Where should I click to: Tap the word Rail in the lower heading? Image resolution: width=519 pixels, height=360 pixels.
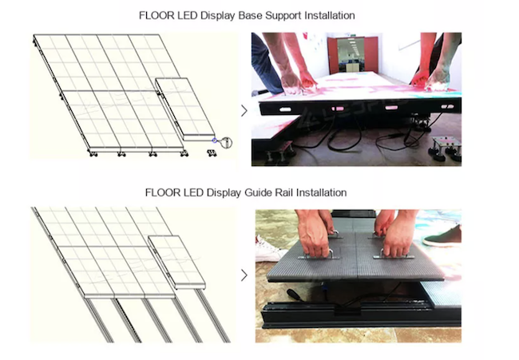pos(284,192)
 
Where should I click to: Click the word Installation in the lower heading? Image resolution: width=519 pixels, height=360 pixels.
pos(322,192)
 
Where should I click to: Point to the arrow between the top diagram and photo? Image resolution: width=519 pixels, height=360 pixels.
pos(244,111)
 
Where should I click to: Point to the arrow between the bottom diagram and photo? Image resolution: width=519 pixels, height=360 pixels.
pos(244,275)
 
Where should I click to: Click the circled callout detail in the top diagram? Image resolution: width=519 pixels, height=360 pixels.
pos(227,143)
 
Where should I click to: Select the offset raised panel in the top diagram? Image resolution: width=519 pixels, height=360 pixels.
pos(185,109)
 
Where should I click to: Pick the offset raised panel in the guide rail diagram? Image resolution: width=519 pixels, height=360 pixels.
pos(176,262)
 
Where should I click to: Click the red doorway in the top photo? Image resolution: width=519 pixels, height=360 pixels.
pos(352,54)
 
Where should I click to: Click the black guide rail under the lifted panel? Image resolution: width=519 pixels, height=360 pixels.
pos(361,315)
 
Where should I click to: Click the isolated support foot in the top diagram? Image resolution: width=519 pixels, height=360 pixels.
pos(212,152)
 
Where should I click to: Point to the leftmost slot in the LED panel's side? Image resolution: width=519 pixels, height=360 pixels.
pos(285,109)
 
